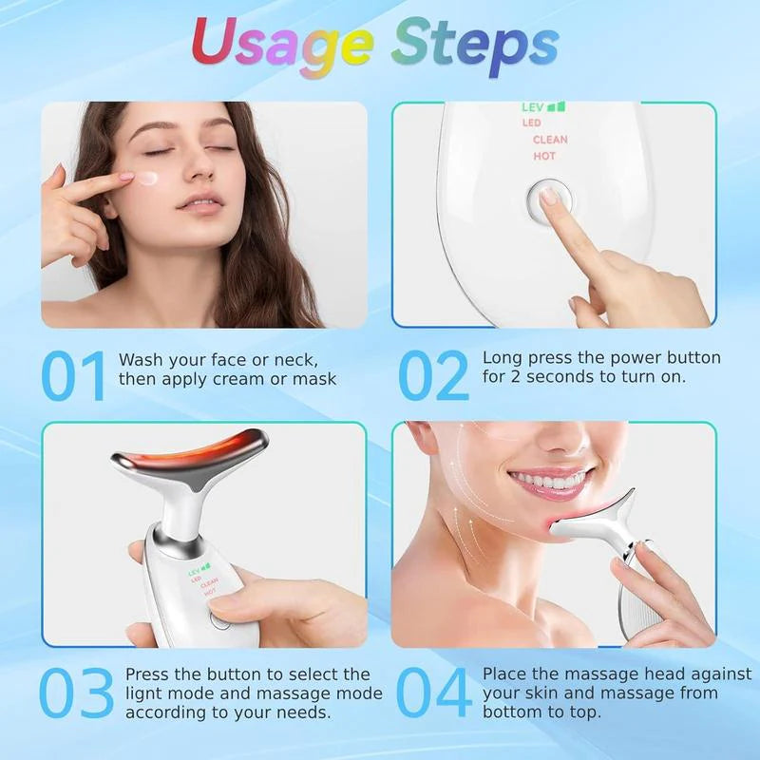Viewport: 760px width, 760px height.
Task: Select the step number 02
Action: (x=432, y=376)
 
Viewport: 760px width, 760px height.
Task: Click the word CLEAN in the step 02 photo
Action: (x=550, y=140)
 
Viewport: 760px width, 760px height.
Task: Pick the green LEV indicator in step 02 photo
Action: (x=538, y=108)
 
